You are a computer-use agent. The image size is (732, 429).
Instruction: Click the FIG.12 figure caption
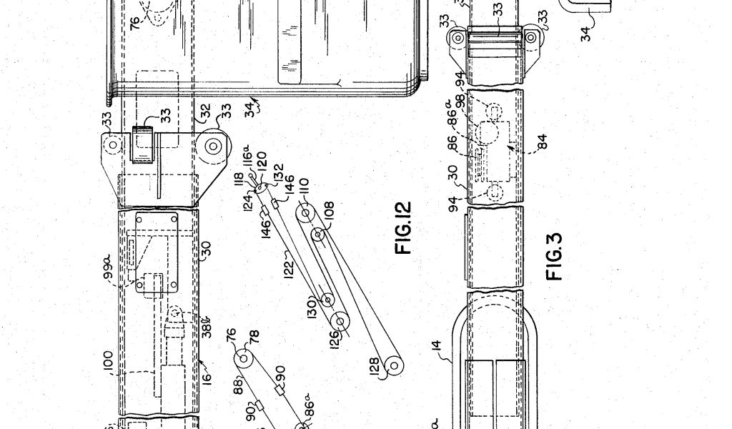point(404,229)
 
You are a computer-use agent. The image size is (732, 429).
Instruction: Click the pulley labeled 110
point(306,212)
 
